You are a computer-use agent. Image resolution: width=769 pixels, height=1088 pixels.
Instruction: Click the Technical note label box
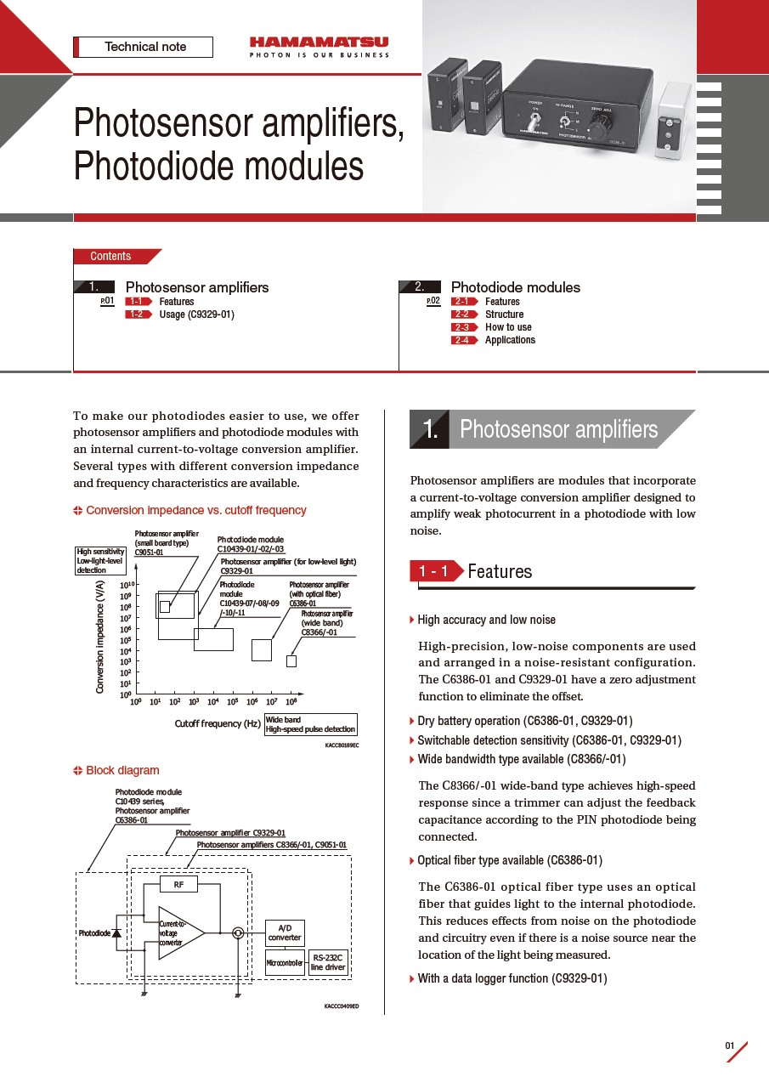tap(144, 47)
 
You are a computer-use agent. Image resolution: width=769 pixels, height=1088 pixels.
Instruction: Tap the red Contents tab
tap(112, 256)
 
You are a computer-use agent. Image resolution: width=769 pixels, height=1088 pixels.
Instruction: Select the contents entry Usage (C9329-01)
tap(196, 314)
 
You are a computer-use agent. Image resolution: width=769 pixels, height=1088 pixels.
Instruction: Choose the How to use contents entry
tap(508, 327)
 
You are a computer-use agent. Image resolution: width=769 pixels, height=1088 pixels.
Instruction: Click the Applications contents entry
tap(510, 340)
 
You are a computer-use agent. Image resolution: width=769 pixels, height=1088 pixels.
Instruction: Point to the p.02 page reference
tap(433, 301)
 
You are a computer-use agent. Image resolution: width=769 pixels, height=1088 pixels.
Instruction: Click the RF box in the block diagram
tap(178, 885)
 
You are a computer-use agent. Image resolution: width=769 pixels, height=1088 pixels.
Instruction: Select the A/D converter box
tap(285, 933)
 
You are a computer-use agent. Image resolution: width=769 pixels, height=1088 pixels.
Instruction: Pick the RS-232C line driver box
tap(328, 962)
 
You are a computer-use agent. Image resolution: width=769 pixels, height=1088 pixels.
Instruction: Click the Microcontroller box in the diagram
tap(285, 963)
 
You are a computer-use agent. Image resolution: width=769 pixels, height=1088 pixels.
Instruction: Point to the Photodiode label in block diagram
tap(94, 933)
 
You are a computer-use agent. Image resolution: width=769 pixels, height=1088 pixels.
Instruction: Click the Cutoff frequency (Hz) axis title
tap(218, 724)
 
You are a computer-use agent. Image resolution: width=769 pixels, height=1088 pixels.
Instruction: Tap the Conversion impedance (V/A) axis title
tap(99, 637)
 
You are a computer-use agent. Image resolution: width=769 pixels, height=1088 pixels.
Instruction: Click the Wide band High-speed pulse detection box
tap(310, 724)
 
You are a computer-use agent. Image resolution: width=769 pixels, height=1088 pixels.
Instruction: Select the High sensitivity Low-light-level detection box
tap(101, 561)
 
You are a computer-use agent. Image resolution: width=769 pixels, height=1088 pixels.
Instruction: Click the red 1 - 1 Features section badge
tap(436, 571)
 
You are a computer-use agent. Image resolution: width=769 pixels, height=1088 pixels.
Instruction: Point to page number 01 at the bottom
tap(730, 1045)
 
